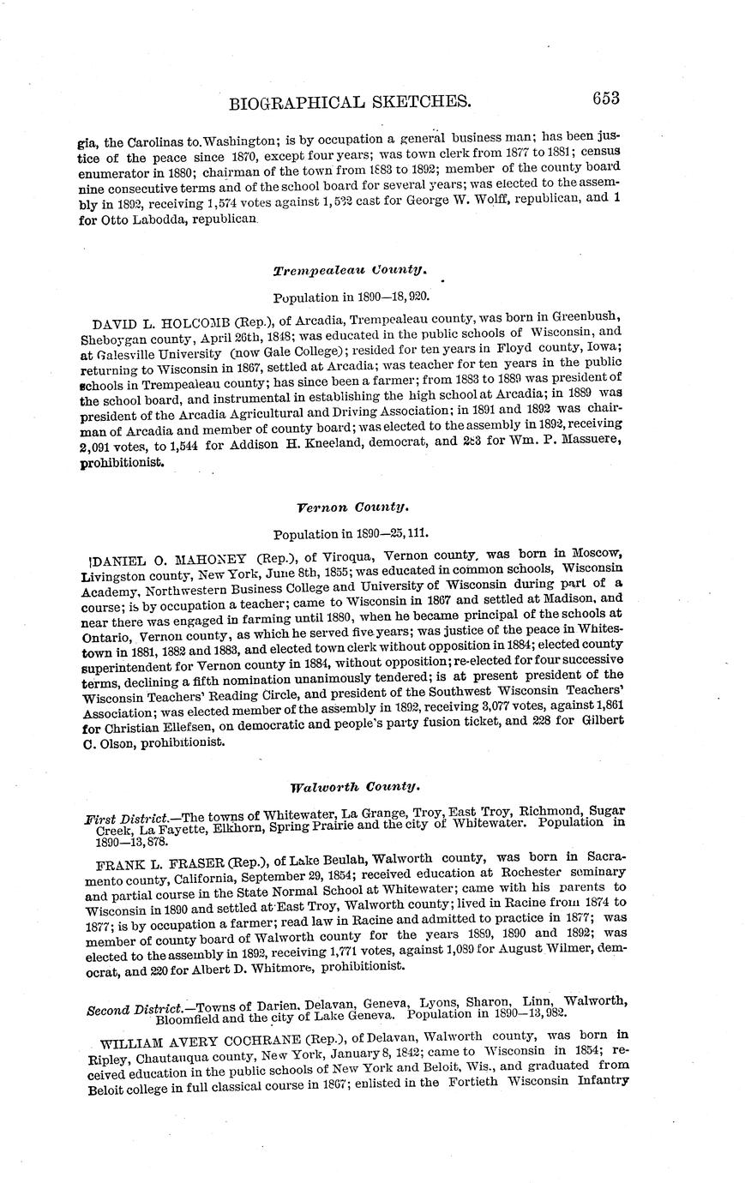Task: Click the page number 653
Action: click(x=604, y=98)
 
